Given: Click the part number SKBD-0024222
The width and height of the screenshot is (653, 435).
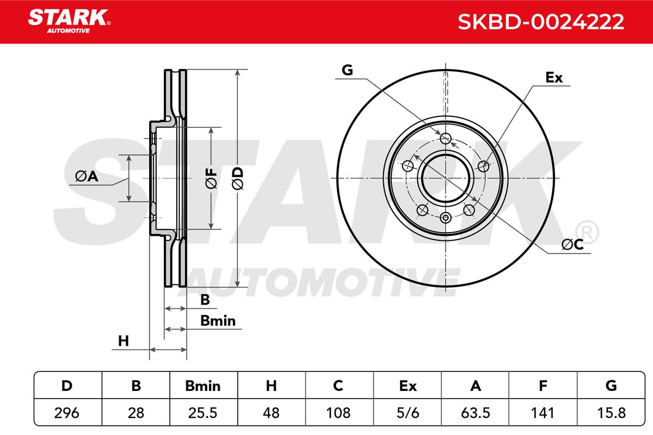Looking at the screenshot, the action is pyautogui.click(x=541, y=22).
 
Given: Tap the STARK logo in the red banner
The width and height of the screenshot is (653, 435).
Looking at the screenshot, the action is pyautogui.click(x=69, y=21).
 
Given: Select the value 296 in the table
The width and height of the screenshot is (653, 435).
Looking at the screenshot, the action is pyautogui.click(x=67, y=413).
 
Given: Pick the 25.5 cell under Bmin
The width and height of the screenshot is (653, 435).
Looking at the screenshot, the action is pyautogui.click(x=202, y=413).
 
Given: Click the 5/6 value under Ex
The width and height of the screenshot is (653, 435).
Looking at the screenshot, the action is pyautogui.click(x=408, y=413).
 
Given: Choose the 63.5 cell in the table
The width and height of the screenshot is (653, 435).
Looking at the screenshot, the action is pyautogui.click(x=476, y=413).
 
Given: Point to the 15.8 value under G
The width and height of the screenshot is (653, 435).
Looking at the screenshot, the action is pyautogui.click(x=611, y=413).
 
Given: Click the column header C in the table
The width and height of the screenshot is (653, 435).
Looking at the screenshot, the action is pyautogui.click(x=338, y=386).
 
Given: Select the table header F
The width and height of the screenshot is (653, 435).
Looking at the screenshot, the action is pyautogui.click(x=543, y=386).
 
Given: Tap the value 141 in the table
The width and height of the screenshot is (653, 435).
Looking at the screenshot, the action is pyautogui.click(x=543, y=413).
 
